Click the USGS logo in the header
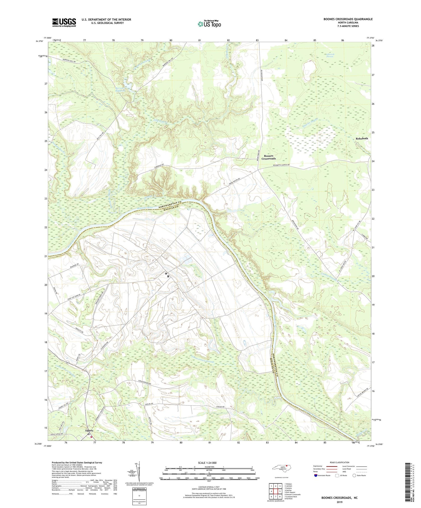pyautogui.click(x=64, y=22)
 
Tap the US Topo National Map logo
pyautogui.click(x=209, y=24)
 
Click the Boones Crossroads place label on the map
pyautogui.click(x=268, y=157)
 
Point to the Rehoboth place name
pyautogui.click(x=362, y=138)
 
